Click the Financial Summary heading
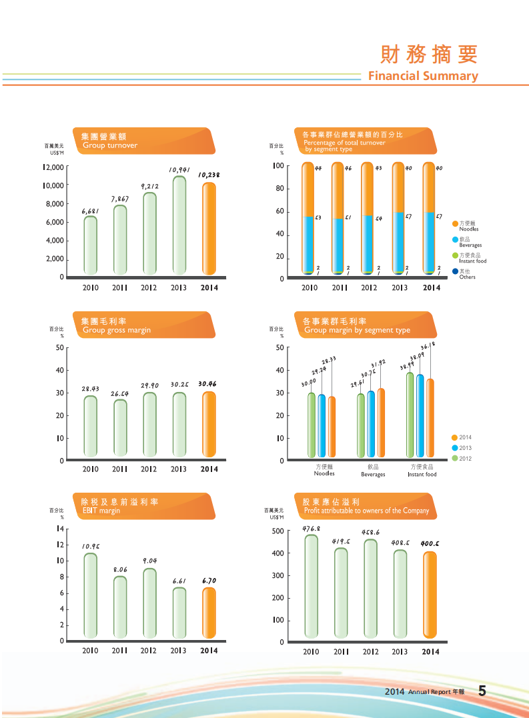point(423,76)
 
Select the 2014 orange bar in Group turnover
point(209,229)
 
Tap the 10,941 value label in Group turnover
point(180,170)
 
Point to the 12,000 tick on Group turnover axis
point(53,167)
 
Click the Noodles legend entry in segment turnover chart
point(468,226)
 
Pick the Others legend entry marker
point(455,271)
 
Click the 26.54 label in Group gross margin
point(119,394)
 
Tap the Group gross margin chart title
point(116,330)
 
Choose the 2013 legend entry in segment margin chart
point(464,448)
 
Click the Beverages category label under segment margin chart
point(373,471)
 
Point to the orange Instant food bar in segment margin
point(430,418)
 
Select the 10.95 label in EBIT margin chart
point(91,546)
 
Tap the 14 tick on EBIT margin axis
point(59,529)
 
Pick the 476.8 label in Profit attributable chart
point(311,529)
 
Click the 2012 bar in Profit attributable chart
point(371,589)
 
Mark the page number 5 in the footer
point(482,691)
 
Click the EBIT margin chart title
point(101,511)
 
